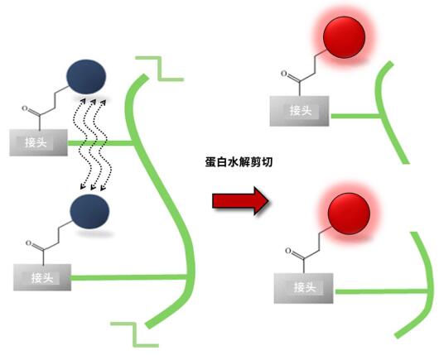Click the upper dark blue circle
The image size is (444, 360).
click(86, 76)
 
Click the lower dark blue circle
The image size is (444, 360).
click(89, 211)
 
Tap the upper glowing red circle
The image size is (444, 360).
click(344, 37)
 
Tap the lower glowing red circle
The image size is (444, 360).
click(349, 214)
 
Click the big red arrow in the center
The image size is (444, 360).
click(240, 201)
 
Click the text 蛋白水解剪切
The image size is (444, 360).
click(239, 162)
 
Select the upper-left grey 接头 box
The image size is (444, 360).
click(38, 143)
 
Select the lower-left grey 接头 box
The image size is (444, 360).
click(42, 277)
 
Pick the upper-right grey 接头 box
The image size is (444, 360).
click(299, 111)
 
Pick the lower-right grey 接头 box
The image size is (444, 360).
click(303, 288)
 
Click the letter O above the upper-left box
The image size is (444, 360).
click(25, 108)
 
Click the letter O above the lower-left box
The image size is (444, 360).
click(28, 243)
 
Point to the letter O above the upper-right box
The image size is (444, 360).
click(284, 74)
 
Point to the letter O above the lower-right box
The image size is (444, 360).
click(288, 251)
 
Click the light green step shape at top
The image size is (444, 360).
click(160, 69)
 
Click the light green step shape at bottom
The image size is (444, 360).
click(135, 334)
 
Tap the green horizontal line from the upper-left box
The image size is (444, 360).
click(100, 143)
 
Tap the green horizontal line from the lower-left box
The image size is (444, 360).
click(129, 277)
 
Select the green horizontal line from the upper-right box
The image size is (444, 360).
click(355, 116)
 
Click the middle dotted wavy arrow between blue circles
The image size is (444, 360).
click(93, 144)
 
